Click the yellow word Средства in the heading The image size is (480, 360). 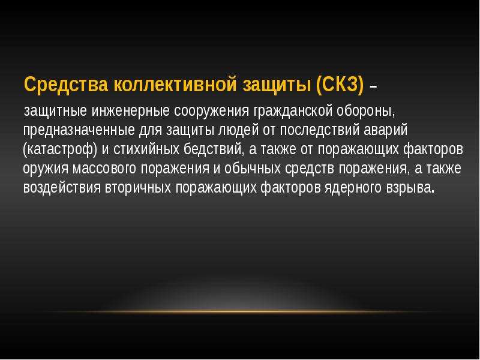tap(66, 84)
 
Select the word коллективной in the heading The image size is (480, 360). tap(175, 84)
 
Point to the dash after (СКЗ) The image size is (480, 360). tap(373, 87)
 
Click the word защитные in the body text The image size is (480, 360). tap(55, 111)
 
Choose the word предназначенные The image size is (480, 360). tap(79, 130)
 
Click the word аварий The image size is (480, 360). tap(386, 130)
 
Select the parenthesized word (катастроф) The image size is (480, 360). tap(61, 149)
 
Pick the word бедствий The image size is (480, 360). tap(212, 149)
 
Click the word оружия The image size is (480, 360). tap(46, 169)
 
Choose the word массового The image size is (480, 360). tap(104, 169)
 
